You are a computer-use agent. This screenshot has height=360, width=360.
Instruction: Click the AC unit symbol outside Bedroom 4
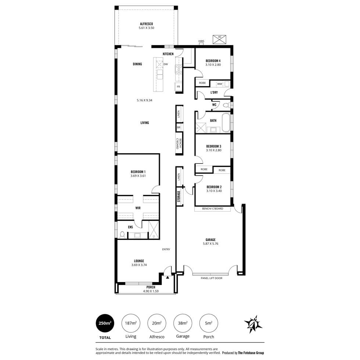[x=220, y=40]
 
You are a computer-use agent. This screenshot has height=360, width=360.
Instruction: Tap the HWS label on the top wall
[x=201, y=41]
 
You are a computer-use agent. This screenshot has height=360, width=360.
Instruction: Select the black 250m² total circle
[x=105, y=323]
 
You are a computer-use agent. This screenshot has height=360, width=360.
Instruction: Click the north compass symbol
[x=253, y=324]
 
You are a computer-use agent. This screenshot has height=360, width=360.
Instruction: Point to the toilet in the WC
[x=226, y=105]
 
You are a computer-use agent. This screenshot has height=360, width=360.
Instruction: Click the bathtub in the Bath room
[x=226, y=122]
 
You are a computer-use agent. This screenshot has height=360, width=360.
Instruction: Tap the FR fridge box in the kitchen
[x=179, y=87]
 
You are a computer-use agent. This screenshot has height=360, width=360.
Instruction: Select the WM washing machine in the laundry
[x=220, y=84]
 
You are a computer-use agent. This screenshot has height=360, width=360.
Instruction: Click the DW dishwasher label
[x=166, y=64]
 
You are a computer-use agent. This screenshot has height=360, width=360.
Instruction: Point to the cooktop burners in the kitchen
[x=179, y=69]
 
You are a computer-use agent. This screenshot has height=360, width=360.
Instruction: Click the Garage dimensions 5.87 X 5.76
[x=210, y=244]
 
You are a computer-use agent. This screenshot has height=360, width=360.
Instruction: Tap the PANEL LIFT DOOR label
[x=212, y=278]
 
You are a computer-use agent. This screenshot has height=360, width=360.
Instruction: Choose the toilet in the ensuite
[x=122, y=235]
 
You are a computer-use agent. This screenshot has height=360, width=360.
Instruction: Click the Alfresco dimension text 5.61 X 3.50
[x=147, y=28]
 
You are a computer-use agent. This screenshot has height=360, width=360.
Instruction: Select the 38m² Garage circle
[x=183, y=323]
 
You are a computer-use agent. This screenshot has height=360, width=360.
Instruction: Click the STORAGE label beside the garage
[x=179, y=197]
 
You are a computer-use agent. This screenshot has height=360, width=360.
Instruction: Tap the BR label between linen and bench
[x=179, y=127]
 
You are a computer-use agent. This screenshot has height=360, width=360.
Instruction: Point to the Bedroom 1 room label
[x=138, y=172]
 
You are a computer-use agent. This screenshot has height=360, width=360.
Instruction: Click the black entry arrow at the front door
[x=168, y=277]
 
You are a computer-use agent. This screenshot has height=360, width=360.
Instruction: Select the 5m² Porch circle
[x=209, y=323]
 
